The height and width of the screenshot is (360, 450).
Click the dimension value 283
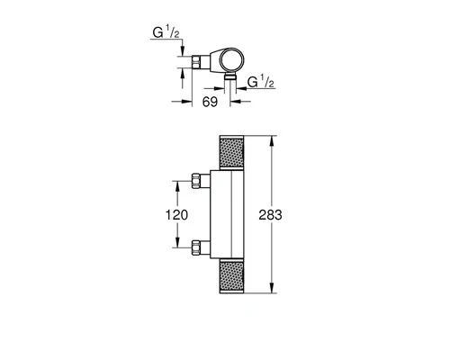pos(270,215)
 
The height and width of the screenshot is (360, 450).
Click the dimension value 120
pos(176,215)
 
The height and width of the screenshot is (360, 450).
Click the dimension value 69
pos(210,102)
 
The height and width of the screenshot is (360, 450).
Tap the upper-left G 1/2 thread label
pos(166,32)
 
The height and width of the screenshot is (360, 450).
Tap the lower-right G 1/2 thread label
pos(261,82)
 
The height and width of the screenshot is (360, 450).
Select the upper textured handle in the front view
pos(231,152)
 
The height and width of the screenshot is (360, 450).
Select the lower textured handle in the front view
pos(231,276)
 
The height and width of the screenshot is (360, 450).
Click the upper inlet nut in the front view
pos(196,181)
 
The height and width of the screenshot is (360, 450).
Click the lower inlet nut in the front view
pos(196,247)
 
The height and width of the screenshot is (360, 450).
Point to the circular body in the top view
pos(233,59)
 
